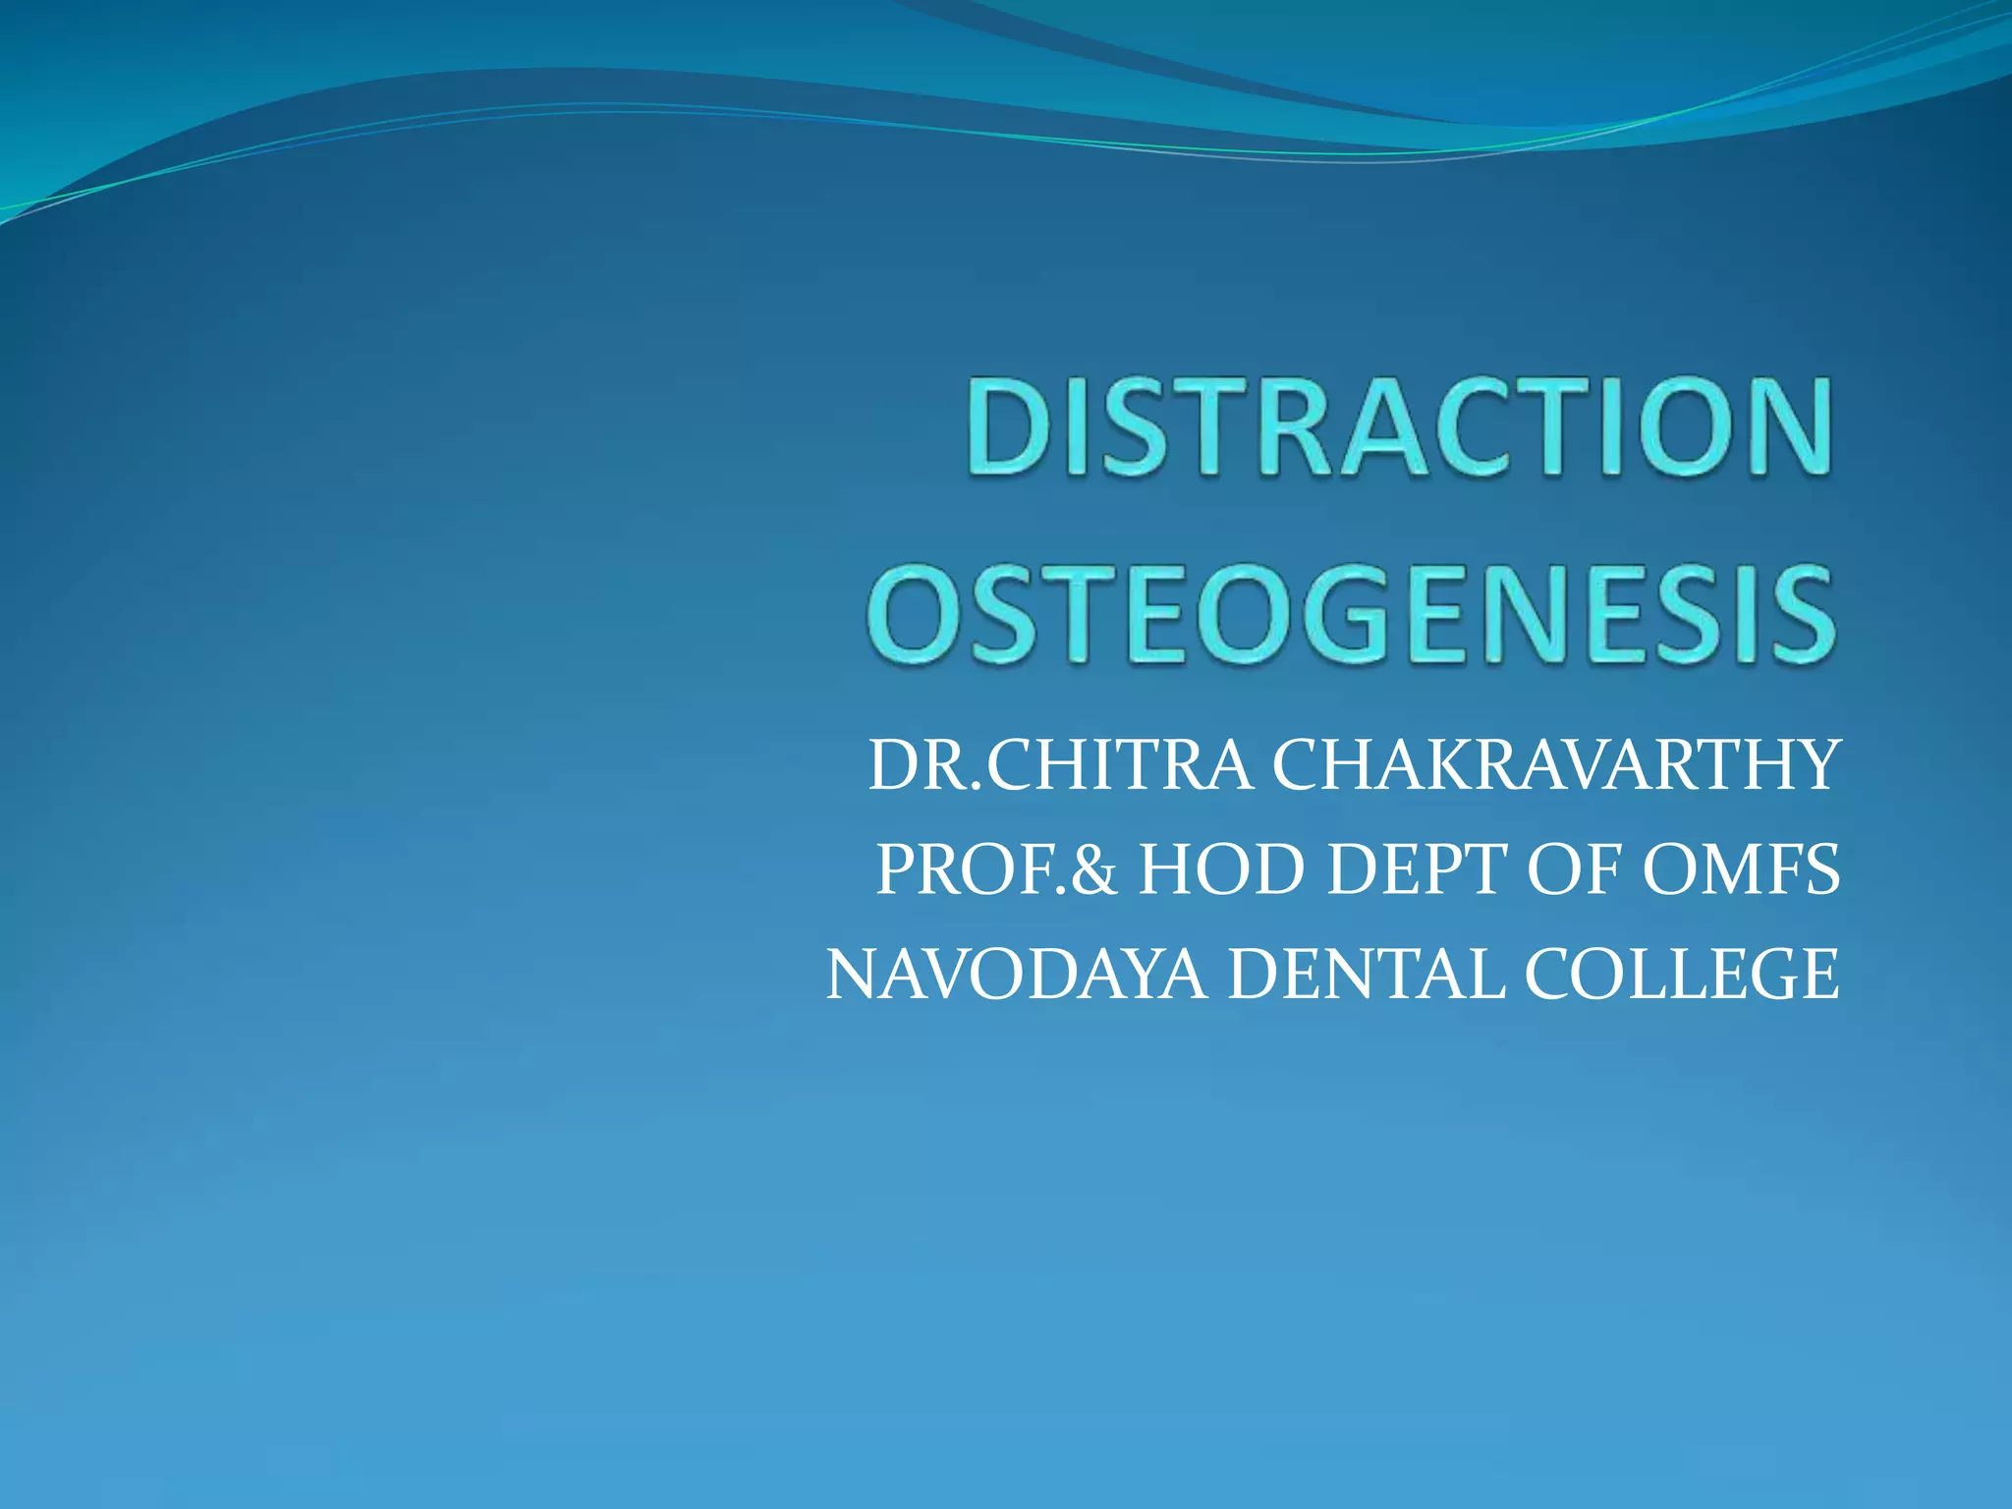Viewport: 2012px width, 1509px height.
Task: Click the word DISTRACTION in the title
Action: pyautogui.click(x=1399, y=428)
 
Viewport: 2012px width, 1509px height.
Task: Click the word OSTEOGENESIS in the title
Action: pyautogui.click(x=1350, y=614)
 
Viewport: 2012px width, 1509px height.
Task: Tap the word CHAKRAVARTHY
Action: pyautogui.click(x=1554, y=765)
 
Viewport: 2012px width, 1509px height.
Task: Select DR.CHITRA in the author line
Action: pyautogui.click(x=1060, y=765)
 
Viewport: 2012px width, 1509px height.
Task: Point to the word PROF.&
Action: pyautogui.click(x=996, y=870)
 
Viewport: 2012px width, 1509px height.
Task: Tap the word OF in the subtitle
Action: pyautogui.click(x=1570, y=870)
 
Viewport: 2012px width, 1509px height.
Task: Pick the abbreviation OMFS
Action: pyautogui.click(x=1739, y=870)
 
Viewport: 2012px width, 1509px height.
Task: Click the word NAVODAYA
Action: pyautogui.click(x=1016, y=975)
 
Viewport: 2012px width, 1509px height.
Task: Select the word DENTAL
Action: pyautogui.click(x=1365, y=975)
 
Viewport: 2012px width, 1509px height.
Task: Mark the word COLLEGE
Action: pyautogui.click(x=1682, y=975)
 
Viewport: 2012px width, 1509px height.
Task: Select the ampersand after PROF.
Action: pyautogui.click(x=1093, y=870)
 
